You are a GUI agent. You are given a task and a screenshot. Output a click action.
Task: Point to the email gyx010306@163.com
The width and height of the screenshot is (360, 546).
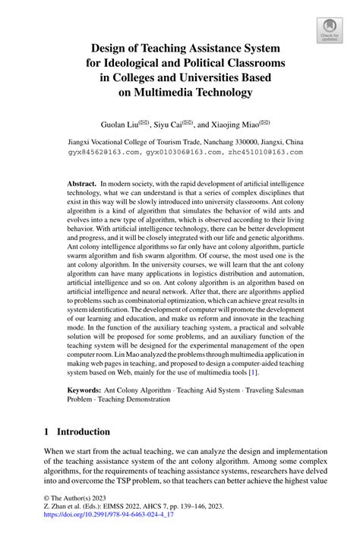[x=180, y=152]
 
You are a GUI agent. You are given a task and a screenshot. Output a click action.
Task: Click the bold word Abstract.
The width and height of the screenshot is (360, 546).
[x=81, y=185]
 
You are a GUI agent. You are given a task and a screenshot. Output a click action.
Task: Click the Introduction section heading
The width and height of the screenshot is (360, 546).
[x=85, y=432]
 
